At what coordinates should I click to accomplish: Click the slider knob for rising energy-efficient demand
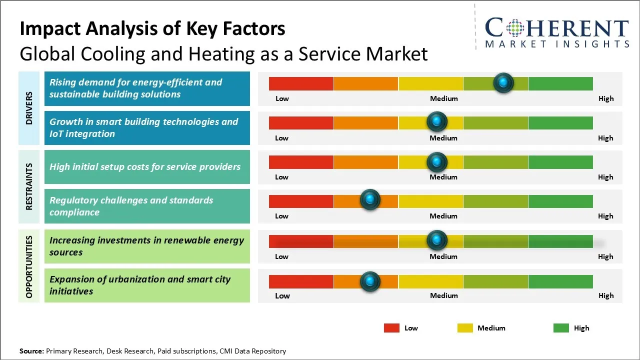[503, 83]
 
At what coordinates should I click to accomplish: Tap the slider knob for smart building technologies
[437, 122]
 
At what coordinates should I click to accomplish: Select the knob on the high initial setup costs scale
[437, 161]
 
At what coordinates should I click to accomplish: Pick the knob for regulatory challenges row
[370, 200]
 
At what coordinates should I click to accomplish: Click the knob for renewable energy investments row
[437, 240]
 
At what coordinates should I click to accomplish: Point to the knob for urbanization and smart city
[370, 281]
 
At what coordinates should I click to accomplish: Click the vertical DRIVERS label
[29, 108]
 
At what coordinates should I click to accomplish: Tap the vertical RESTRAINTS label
[29, 186]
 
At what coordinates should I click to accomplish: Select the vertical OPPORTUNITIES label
[29, 266]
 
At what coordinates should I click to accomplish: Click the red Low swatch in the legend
[391, 328]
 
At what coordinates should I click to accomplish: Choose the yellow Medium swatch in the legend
[465, 328]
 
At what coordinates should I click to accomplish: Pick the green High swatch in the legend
[561, 328]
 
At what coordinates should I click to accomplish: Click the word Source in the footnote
[32, 351]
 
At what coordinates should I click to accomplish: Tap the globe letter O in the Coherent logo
[514, 28]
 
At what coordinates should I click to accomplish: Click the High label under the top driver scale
[606, 98]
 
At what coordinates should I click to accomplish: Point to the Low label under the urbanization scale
[282, 295]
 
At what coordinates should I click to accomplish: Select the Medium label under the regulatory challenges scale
[443, 216]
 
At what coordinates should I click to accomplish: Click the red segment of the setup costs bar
[301, 161]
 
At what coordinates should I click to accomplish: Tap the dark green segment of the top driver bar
[560, 83]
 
